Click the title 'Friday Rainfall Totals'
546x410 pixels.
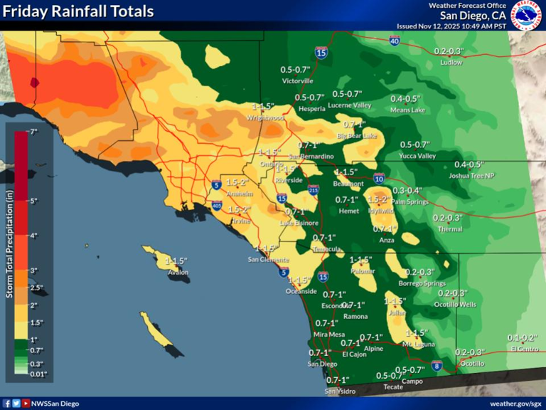(x=78, y=11)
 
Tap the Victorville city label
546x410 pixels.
(x=297, y=81)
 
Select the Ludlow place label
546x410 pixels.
(x=451, y=62)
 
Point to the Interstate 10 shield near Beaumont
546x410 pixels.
(x=379, y=179)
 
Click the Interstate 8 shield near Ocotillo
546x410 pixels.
(x=437, y=366)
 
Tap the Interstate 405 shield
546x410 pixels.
(x=216, y=206)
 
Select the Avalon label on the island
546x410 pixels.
(x=178, y=271)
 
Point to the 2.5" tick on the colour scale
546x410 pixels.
(x=36, y=288)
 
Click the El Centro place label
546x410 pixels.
(x=523, y=349)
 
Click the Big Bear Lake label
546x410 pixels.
(x=356, y=135)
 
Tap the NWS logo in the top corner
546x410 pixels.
(x=529, y=14)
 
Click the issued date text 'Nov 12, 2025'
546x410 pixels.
(x=446, y=26)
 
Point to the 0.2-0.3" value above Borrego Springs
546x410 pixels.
(x=420, y=272)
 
